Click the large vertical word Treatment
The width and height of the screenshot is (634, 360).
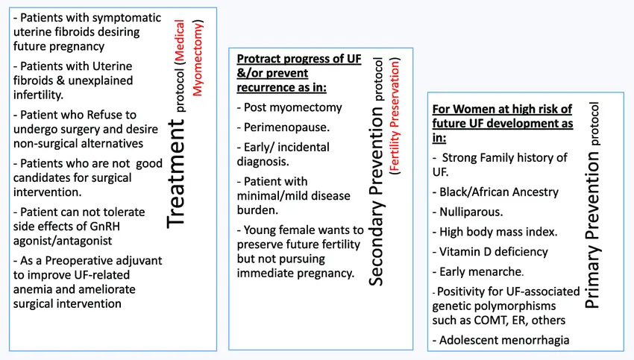176,174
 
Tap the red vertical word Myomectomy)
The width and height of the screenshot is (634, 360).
198,58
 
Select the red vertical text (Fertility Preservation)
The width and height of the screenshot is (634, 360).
395,116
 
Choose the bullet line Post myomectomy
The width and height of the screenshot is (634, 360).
289,107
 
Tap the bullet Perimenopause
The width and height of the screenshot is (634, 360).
283,127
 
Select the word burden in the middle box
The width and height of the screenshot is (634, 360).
254,210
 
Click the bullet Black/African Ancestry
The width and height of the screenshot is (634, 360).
495,192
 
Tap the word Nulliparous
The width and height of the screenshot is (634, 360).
471,212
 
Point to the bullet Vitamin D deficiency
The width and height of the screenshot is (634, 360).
490,252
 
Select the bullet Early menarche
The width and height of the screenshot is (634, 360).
478,271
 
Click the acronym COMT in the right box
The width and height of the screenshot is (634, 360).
489,320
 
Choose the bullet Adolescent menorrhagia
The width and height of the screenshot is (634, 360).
500,340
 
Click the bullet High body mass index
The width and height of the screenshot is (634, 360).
495,232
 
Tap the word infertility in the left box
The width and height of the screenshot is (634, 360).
38,95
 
